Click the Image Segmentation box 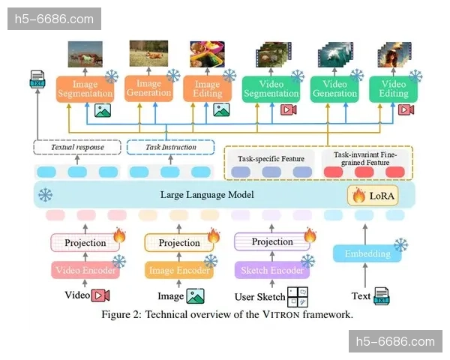click(x=84, y=88)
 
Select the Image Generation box click(x=148, y=88)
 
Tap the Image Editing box click(x=207, y=88)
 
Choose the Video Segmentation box click(x=271, y=88)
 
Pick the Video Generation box click(x=334, y=88)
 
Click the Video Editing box click(x=394, y=88)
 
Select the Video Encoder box click(x=84, y=270)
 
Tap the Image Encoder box click(x=179, y=270)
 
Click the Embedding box click(x=367, y=253)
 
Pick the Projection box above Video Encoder click(x=84, y=243)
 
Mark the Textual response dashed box click(x=77, y=147)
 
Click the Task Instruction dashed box click(x=170, y=147)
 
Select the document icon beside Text click(x=382, y=295)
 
